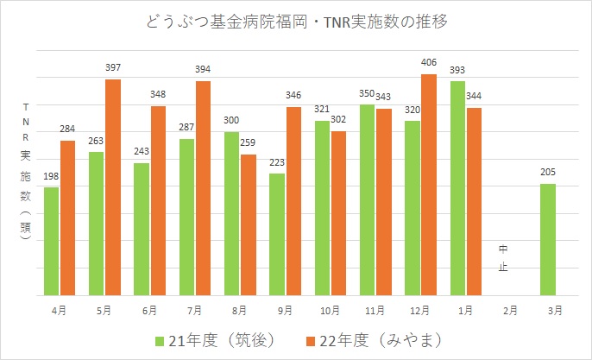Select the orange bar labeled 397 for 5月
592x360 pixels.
pos(113,187)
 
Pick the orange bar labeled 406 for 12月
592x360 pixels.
pos(429,185)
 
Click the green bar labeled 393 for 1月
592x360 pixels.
pos(457,188)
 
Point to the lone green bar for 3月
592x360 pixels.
pos(547,239)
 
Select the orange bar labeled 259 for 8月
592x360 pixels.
pos(249,225)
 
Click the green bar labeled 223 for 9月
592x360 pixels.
pos(277,235)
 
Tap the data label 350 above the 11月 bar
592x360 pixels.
pos(367,93)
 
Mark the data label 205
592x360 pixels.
pos(548,172)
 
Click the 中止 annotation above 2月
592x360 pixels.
pos(503,258)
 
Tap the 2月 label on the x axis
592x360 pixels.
pos(510,308)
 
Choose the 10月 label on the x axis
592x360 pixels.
pos(330,308)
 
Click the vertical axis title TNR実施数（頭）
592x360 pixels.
pos(25,173)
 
